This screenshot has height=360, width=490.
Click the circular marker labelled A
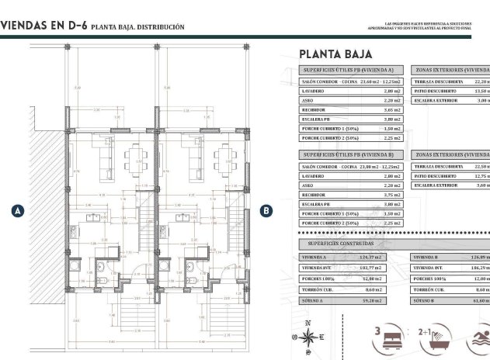(17, 210)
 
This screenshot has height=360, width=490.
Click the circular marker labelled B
(266, 210)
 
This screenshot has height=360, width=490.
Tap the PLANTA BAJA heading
(335, 54)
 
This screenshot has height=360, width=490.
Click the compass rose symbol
(309, 337)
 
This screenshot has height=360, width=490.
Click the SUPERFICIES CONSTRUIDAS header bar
(352, 244)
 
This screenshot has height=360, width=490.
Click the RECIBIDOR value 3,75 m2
(392, 196)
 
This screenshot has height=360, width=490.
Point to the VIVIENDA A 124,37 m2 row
(351, 257)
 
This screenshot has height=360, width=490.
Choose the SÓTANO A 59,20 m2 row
(351, 299)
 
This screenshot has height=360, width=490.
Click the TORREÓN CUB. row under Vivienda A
(351, 288)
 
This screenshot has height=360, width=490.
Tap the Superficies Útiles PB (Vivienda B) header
(351, 154)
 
